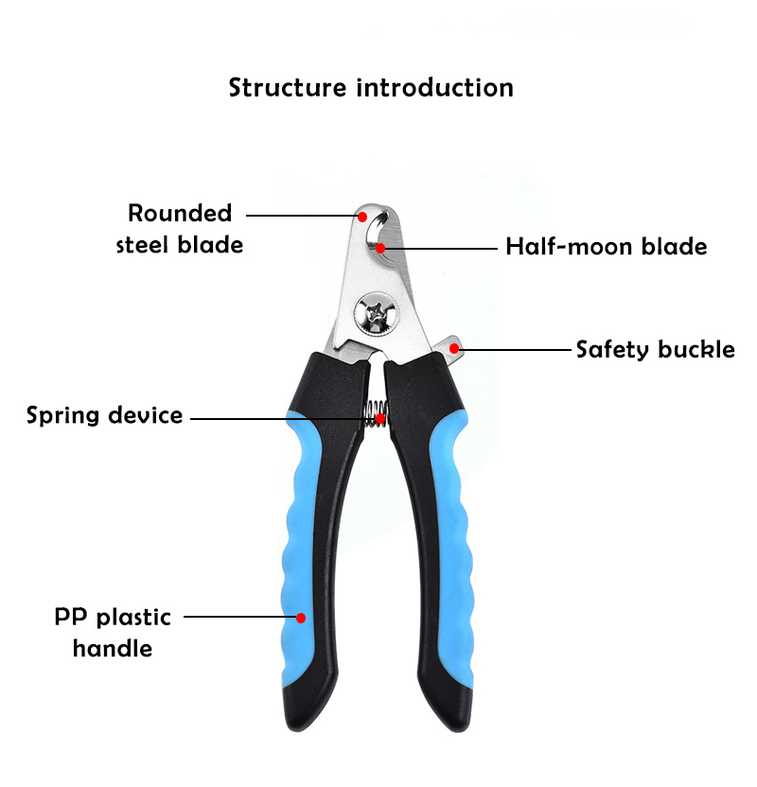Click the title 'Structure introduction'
pyautogui.click(x=371, y=88)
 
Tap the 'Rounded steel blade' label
pyautogui.click(x=180, y=229)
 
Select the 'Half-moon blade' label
pyautogui.click(x=606, y=247)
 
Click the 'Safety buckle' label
pyautogui.click(x=655, y=349)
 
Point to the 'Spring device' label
pyautogui.click(x=104, y=415)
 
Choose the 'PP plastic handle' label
pyautogui.click(x=113, y=633)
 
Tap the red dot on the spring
pyautogui.click(x=380, y=417)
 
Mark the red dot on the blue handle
pyautogui.click(x=301, y=618)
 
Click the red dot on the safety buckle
pyautogui.click(x=454, y=348)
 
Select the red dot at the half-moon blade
pyautogui.click(x=380, y=249)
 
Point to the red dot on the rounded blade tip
pyautogui.click(x=361, y=216)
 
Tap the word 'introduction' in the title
pyautogui.click(x=434, y=88)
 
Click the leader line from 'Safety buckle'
pyautogui.click(x=516, y=349)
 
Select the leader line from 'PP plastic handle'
pyautogui.click(x=237, y=617)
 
